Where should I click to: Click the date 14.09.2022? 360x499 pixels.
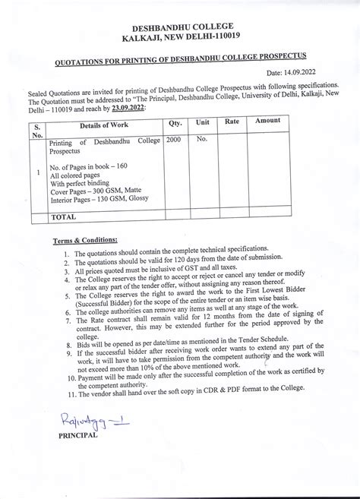(x=321, y=71)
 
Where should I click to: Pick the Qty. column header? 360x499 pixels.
(x=175, y=122)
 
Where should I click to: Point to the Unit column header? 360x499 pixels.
(x=203, y=122)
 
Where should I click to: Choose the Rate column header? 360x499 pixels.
(x=232, y=122)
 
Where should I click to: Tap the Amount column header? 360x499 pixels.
(x=267, y=121)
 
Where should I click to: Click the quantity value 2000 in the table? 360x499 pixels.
(x=174, y=140)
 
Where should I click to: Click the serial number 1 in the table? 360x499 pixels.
(x=37, y=172)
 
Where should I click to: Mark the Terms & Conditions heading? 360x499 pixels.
(x=84, y=240)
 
